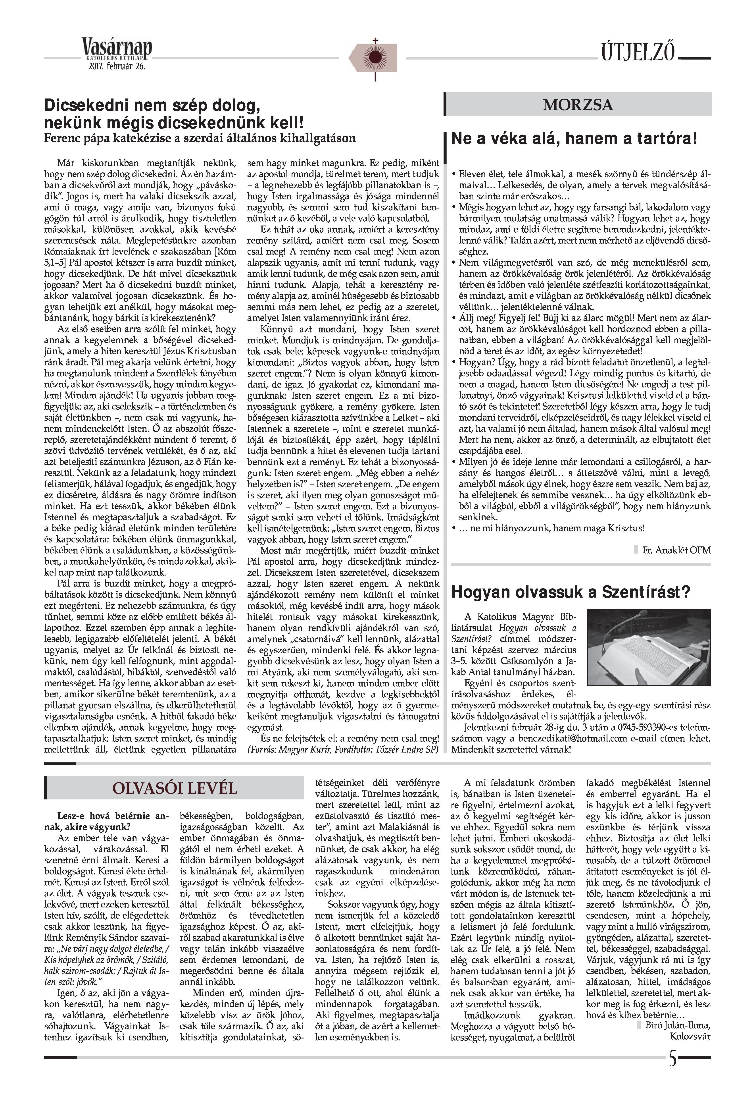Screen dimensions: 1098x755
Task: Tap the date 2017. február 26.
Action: pos(116,66)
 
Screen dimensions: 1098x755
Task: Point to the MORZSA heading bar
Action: pos(578,105)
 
